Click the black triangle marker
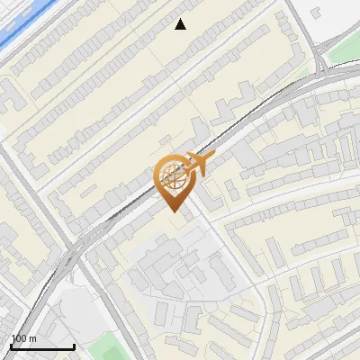point(181,24)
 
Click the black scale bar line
point(42,346)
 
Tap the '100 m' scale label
point(23,338)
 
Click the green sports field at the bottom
point(108,346)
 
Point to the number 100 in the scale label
point(19,338)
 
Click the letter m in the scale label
point(32,338)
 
